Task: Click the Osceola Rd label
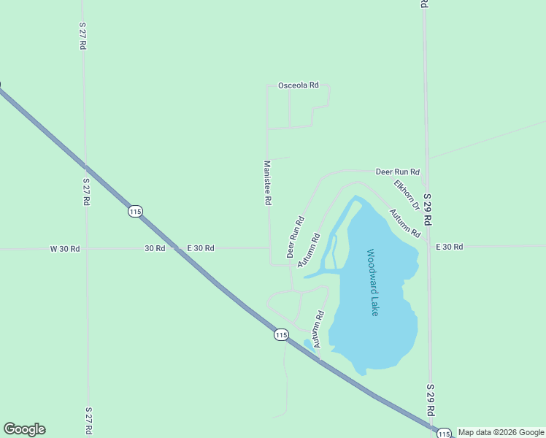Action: [x=298, y=85]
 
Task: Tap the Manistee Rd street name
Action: [x=267, y=182]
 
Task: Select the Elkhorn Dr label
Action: [x=407, y=195]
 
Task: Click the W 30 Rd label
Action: [x=64, y=248]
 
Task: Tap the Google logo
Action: [x=24, y=429]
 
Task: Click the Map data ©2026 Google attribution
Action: [x=501, y=432]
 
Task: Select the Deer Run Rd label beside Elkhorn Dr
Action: [x=397, y=172]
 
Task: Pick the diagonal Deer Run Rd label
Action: [x=295, y=237]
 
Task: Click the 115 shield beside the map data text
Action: [x=444, y=434]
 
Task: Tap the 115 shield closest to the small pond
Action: [x=281, y=334]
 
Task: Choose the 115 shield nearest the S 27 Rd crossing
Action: [x=134, y=211]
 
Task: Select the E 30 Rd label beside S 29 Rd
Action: [x=449, y=247]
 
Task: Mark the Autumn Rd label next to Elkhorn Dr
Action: [x=404, y=223]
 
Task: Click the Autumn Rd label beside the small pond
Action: [x=318, y=329]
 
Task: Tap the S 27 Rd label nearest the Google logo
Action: [x=88, y=421]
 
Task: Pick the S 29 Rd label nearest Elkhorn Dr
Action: [x=428, y=209]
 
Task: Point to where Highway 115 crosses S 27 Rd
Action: [x=85, y=166]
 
